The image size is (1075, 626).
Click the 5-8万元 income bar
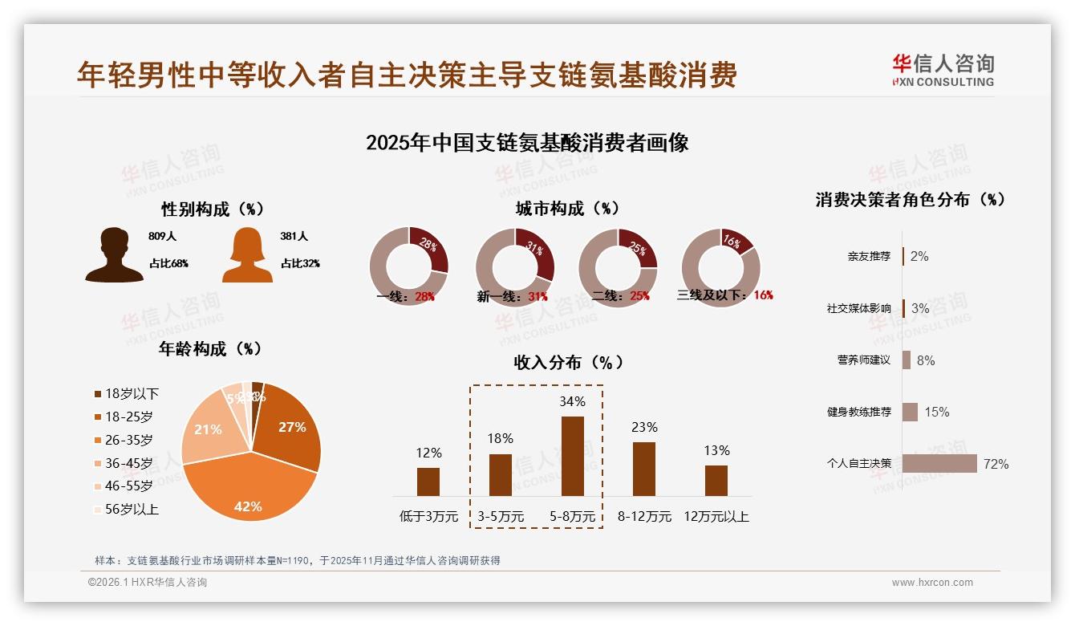[x=572, y=456]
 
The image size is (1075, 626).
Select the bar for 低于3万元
[x=428, y=482]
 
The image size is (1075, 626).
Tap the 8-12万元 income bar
[x=644, y=469]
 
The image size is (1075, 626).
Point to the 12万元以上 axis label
[x=716, y=516]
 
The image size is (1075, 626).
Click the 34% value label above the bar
[x=572, y=401]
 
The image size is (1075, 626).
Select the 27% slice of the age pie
[x=289, y=425]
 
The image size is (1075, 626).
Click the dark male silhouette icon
[x=115, y=255]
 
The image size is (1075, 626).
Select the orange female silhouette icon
[x=248, y=255]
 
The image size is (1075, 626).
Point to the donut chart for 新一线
[x=515, y=266]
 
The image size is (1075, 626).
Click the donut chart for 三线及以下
[x=720, y=266]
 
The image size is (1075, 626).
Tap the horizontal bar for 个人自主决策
[x=939, y=463]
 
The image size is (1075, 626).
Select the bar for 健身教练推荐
[x=910, y=412]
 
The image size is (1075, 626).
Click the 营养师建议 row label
[x=863, y=360]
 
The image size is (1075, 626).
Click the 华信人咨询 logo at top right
[x=943, y=70]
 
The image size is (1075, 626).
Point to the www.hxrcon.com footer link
[x=932, y=583]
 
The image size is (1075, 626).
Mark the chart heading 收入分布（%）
[x=568, y=362]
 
